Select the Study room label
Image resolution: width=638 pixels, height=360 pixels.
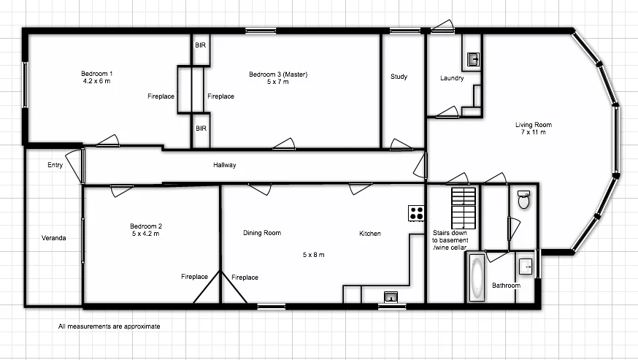[399, 77]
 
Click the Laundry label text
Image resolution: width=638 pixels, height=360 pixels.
[452, 78]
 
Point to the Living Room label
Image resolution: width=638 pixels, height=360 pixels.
[533, 124]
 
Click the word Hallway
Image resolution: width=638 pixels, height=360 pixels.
[224, 165]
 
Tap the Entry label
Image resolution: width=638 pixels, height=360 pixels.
[55, 165]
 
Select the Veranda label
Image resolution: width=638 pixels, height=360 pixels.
[54, 238]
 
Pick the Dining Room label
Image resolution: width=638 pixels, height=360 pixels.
[262, 234]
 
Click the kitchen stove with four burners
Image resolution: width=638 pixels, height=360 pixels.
[416, 212]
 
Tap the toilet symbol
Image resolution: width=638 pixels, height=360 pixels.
[523, 199]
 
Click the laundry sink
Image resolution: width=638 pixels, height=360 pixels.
[472, 59]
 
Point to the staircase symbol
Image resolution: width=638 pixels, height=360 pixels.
[463, 207]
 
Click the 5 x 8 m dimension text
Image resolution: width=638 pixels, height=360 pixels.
[313, 255]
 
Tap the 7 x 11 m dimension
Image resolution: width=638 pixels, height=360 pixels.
[533, 132]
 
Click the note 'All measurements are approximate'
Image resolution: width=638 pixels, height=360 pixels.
[109, 326]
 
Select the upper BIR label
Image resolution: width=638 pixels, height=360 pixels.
[200, 45]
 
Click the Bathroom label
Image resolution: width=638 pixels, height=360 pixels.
[505, 285]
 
